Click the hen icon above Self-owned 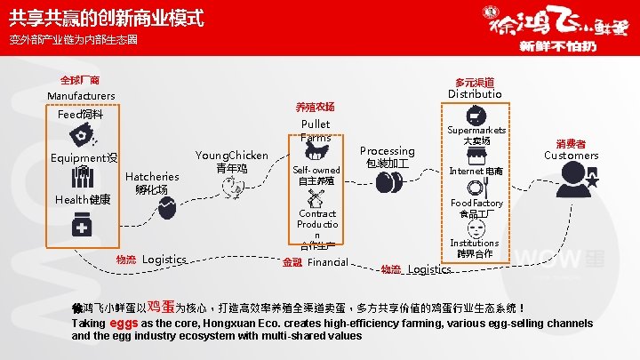tap(314, 148)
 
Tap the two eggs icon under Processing tap(386, 181)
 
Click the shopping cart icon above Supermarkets tap(475, 115)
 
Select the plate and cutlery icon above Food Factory tap(476, 188)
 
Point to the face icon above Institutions tap(476, 226)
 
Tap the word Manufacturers tap(81, 95)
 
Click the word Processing tap(387, 151)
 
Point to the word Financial tap(327, 262)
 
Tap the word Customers tap(571, 155)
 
